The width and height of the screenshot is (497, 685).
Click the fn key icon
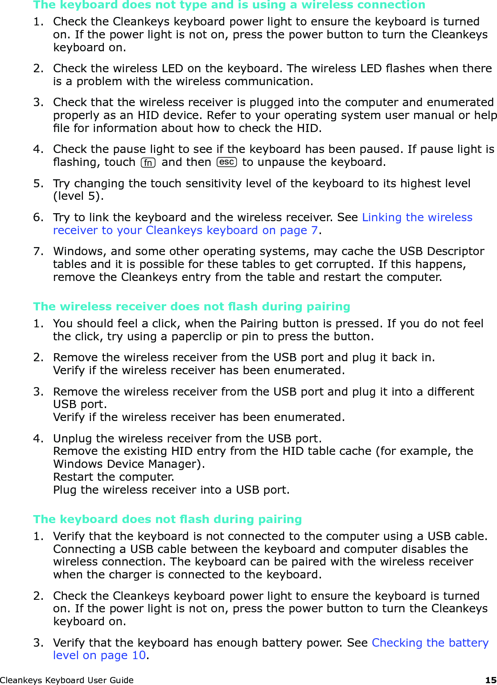point(148,163)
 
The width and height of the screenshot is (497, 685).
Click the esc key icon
point(226,162)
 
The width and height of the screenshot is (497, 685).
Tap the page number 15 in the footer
point(490,680)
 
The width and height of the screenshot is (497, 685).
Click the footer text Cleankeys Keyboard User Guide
point(67,680)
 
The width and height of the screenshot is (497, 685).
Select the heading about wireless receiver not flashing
point(191,306)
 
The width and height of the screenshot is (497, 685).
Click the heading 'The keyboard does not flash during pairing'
point(167,519)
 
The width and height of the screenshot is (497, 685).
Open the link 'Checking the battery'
point(430,643)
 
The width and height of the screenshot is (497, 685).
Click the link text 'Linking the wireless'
point(417,217)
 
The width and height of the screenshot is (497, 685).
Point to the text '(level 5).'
point(78,196)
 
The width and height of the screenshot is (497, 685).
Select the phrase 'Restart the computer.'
point(114,477)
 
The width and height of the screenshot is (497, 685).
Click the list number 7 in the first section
point(37,251)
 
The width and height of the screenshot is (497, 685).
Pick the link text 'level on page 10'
point(99,655)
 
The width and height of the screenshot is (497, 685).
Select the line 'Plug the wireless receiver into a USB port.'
point(171,490)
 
